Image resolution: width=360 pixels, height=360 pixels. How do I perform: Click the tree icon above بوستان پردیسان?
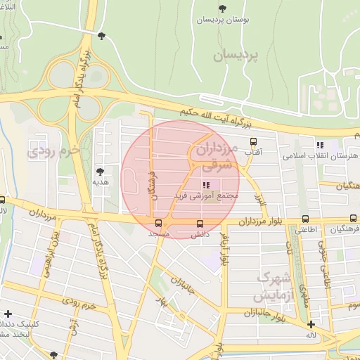(x=223, y=8)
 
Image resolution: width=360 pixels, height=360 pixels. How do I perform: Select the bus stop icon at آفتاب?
(x=252, y=141)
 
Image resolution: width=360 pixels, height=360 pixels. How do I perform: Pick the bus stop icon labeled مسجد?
(x=159, y=224)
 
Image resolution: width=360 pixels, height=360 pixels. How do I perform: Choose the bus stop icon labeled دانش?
(x=200, y=224)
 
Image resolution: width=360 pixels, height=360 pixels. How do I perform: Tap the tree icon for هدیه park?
(x=100, y=171)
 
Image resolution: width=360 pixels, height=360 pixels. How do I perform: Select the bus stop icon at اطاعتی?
(x=304, y=219)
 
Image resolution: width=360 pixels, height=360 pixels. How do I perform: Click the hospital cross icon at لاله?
(x=311, y=324)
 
